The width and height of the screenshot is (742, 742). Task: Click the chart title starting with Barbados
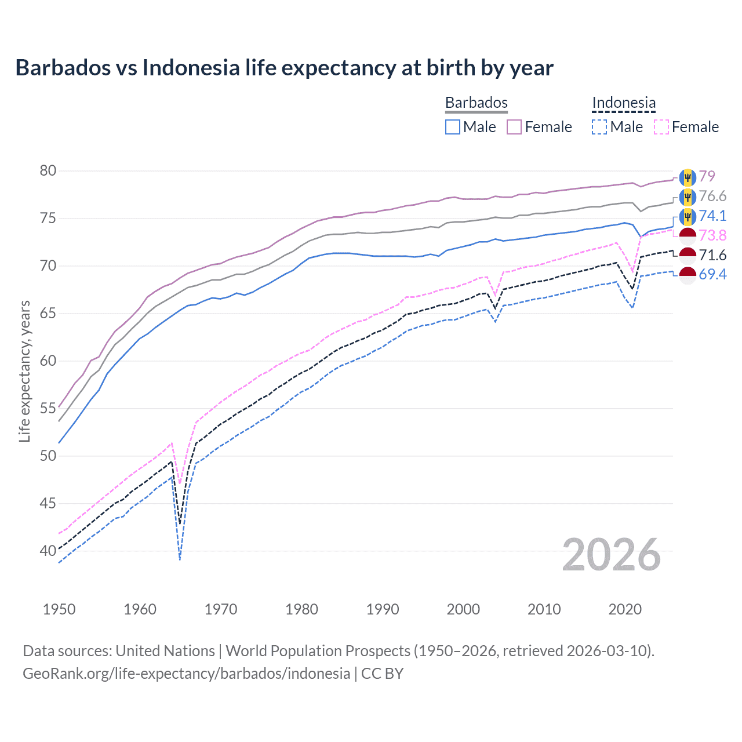[284, 68]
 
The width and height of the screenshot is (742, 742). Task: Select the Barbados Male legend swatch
[453, 127]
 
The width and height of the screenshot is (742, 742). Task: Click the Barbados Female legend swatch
[514, 127]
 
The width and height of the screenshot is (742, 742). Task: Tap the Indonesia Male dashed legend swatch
[599, 127]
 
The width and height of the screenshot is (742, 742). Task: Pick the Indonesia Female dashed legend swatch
[661, 127]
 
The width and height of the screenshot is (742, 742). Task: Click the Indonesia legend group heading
[624, 103]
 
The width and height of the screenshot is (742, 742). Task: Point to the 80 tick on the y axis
[48, 171]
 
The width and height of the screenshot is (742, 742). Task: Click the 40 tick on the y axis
[48, 551]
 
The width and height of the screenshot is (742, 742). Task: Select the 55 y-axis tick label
[48, 409]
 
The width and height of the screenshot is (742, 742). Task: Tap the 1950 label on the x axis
[59, 609]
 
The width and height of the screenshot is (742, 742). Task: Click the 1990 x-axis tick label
[383, 609]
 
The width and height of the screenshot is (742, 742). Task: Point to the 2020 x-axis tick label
[625, 609]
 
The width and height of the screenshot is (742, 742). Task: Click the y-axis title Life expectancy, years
[24, 371]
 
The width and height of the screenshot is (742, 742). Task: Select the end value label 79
[707, 176]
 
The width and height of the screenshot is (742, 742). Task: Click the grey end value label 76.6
[712, 196]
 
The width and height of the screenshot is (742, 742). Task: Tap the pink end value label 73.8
[712, 235]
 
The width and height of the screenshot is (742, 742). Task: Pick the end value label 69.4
[712, 274]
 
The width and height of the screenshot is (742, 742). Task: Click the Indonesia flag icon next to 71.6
[688, 255]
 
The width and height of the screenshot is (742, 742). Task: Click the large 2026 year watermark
[612, 555]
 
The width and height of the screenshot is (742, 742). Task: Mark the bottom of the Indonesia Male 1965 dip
[180, 559]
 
